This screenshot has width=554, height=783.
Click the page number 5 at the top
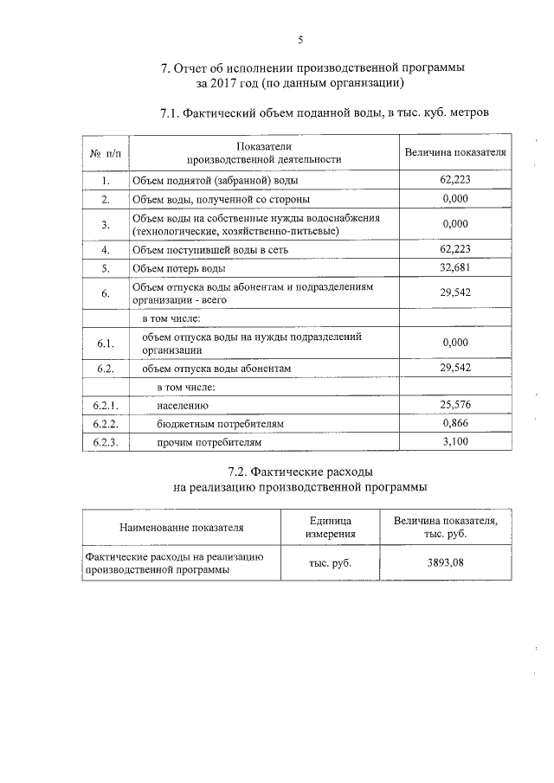coord(300,39)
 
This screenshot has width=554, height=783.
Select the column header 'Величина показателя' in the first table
coord(455,152)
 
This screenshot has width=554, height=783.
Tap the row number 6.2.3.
coord(105,442)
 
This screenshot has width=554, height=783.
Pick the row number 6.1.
coord(106,343)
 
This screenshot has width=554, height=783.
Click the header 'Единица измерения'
coord(329,526)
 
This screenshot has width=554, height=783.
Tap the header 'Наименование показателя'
coord(181,526)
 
